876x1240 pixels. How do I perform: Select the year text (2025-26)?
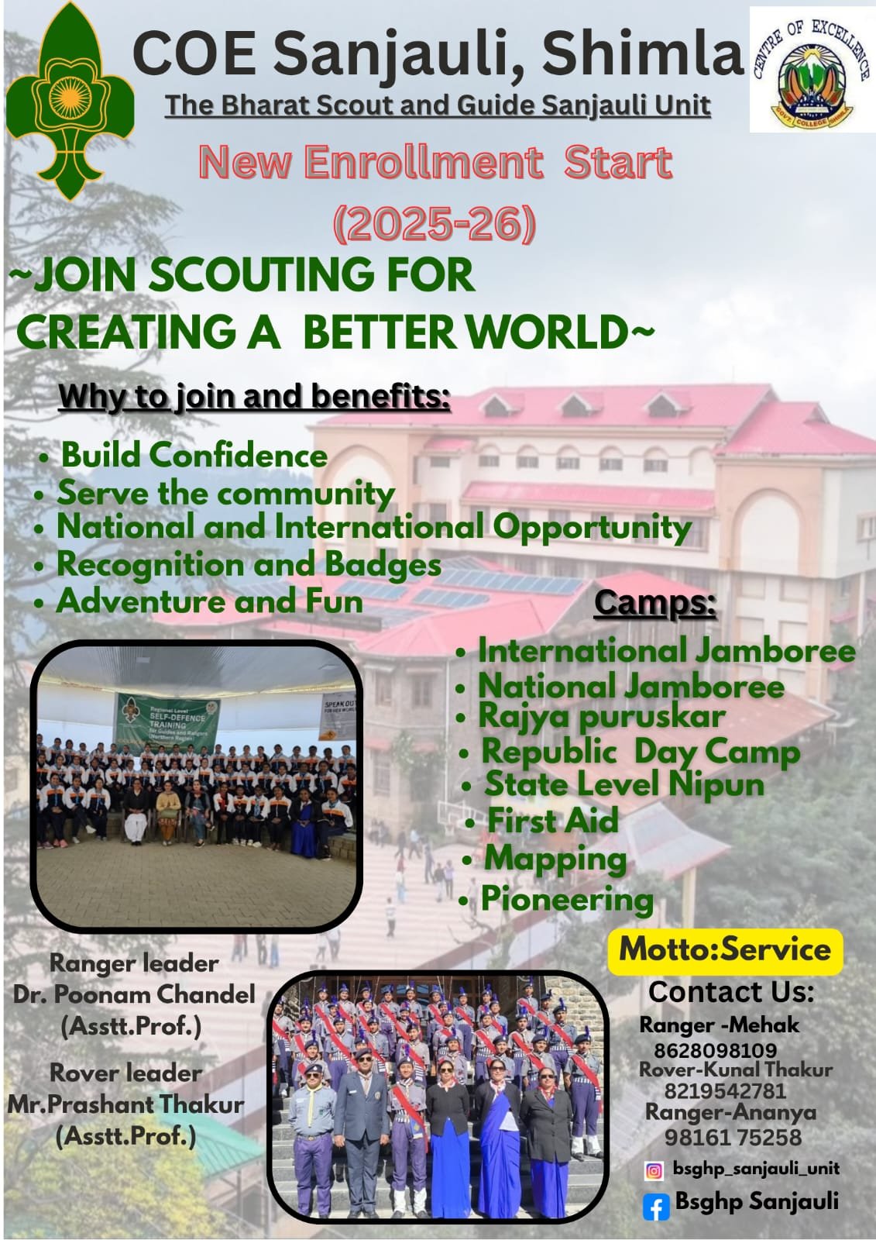(435, 224)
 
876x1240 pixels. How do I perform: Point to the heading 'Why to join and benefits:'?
(255, 397)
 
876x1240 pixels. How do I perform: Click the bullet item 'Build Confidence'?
(194, 456)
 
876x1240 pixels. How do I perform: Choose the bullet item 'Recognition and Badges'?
(249, 565)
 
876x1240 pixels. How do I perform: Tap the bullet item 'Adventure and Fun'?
(210, 601)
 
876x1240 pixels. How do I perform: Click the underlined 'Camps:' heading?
(655, 604)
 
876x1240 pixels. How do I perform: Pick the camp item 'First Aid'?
(552, 820)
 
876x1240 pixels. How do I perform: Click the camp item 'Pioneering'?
(567, 899)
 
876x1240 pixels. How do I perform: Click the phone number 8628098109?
(716, 1050)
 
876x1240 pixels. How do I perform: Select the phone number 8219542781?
(726, 1090)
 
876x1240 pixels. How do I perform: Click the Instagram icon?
(654, 1171)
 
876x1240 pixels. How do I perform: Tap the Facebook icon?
(656, 1206)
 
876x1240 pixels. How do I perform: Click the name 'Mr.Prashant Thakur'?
(125, 1104)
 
